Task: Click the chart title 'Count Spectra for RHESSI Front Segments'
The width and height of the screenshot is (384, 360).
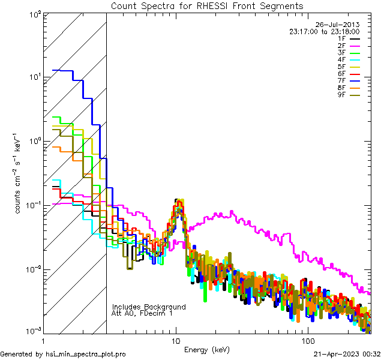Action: pos(207,6)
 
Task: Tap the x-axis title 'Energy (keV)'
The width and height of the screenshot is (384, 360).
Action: pos(207,350)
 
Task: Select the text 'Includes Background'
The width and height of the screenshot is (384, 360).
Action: pos(149,307)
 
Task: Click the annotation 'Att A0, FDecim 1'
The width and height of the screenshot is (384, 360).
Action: pos(142,313)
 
